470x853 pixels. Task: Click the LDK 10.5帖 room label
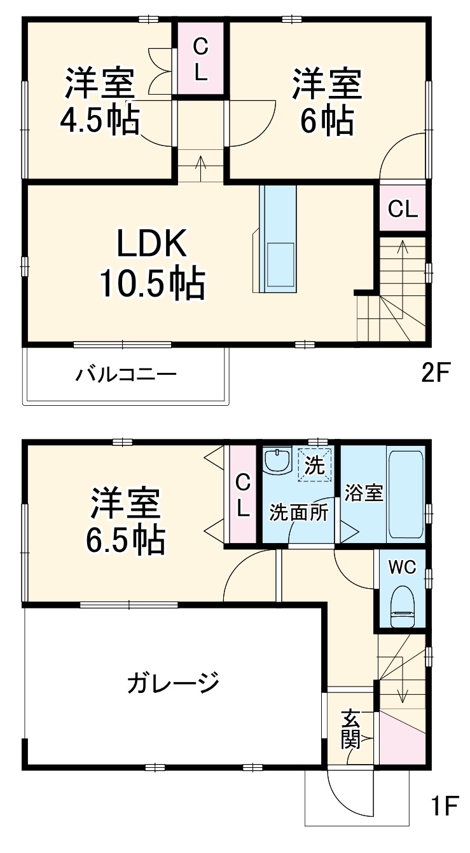tap(151, 263)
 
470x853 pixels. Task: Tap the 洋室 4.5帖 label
tap(99, 102)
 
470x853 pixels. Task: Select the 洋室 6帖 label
tap(327, 102)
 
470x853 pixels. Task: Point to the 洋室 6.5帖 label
tap(125, 521)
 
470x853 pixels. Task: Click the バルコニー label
tap(126, 374)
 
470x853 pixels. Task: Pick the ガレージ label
tap(173, 684)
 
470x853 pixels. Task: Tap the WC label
tap(402, 567)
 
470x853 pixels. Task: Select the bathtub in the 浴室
tap(405, 494)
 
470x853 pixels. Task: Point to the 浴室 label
tap(364, 493)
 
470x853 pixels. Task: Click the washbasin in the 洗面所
tap(277, 462)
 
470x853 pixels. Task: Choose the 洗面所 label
tap(298, 512)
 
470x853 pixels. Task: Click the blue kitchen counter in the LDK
tap(278, 238)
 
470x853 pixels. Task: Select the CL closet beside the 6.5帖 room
tap(242, 496)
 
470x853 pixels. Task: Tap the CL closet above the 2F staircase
tap(403, 208)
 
